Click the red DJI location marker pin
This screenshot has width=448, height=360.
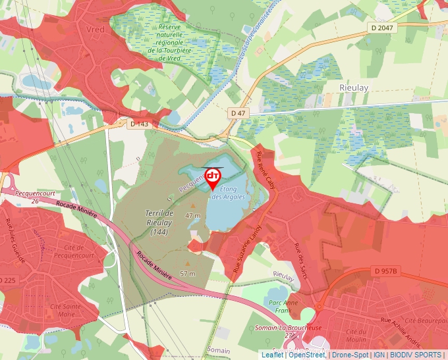pyautogui.click(x=213, y=178)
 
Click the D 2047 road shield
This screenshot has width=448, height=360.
pyautogui.click(x=381, y=28)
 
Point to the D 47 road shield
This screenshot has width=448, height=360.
pyautogui.click(x=238, y=113)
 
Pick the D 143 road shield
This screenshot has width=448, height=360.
pyautogui.click(x=140, y=124)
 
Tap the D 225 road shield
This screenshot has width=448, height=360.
pyautogui.click(x=8, y=280)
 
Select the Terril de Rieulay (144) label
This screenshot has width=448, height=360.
pyautogui.click(x=159, y=222)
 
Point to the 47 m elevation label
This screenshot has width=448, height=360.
pyautogui.click(x=193, y=215)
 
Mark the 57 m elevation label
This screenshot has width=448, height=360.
pyautogui.click(x=188, y=273)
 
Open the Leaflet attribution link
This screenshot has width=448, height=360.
pyautogui.click(x=272, y=355)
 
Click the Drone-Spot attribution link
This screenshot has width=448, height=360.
pyautogui.click(x=349, y=355)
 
